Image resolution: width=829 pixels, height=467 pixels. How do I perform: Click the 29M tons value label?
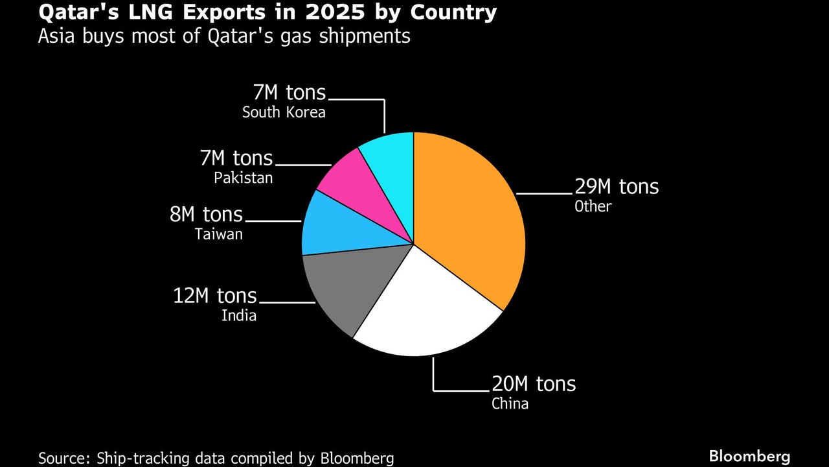(617, 187)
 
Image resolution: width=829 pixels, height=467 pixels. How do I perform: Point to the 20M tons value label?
(534, 383)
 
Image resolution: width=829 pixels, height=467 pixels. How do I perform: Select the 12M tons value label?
(215, 296)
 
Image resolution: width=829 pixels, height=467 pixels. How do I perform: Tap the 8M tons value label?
(207, 214)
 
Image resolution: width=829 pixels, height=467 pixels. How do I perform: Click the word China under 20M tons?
(510, 403)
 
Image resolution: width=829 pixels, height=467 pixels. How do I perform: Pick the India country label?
(239, 316)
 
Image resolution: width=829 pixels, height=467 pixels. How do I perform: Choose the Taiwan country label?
(219, 234)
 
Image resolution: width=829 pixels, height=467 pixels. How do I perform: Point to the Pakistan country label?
(244, 178)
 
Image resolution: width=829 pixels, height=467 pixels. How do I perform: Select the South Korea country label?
(284, 112)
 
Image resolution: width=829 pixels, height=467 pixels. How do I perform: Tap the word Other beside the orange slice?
(593, 206)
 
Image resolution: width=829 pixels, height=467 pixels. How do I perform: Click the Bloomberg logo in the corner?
(749, 456)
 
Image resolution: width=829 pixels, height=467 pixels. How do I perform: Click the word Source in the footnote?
(63, 458)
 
